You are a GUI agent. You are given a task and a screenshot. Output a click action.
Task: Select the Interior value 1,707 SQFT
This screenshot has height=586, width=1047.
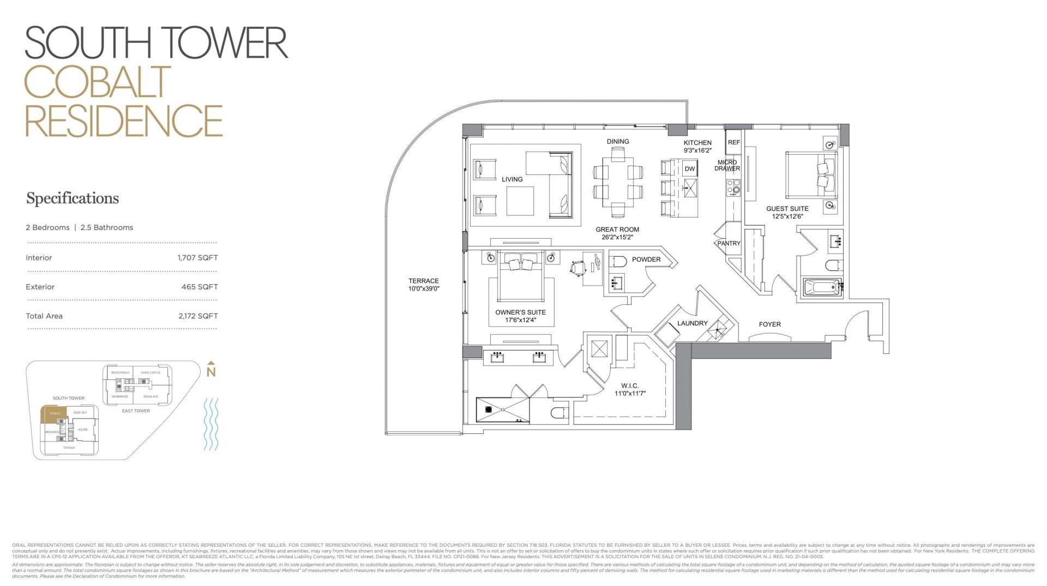pos(197,258)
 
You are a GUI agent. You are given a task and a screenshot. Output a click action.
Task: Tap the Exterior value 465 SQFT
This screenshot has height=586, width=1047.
pos(200,287)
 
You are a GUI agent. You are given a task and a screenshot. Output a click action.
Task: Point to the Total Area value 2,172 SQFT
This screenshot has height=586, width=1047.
pos(197,316)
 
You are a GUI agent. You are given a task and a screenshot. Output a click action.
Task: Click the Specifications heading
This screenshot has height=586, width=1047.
pos(73,198)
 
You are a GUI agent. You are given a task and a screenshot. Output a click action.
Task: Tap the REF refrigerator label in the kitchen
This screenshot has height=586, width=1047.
pos(734,142)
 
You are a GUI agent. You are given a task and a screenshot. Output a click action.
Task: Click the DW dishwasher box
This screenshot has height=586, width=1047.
pos(690,169)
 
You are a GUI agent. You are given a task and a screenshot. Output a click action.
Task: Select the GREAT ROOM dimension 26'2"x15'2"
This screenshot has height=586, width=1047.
pos(617,237)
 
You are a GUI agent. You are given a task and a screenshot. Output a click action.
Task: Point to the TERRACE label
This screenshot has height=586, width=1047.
pos(424,281)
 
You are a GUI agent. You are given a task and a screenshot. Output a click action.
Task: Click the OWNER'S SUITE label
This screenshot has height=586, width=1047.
pos(520,312)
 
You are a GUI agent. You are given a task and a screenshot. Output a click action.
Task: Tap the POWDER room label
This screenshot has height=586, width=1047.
pos(646,259)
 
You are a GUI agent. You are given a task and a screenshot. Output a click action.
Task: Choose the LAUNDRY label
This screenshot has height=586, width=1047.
pos(692,323)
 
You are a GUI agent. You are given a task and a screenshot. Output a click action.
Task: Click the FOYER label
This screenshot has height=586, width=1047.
pos(769,324)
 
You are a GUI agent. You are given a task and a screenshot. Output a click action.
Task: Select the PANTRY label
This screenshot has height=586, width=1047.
pos(729,244)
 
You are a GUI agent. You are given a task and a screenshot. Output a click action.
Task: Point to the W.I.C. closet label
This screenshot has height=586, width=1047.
pos(629,386)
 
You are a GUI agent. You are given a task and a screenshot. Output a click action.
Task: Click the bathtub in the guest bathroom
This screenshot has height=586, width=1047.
pos(821,287)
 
